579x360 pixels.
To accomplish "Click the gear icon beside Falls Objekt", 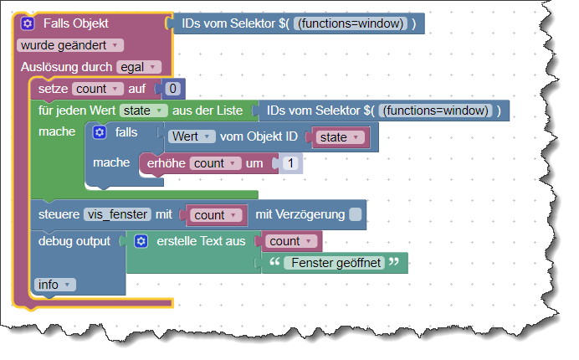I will point(28,24).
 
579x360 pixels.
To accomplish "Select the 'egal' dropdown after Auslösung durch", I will point(139,67).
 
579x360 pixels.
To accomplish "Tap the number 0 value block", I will point(172,89).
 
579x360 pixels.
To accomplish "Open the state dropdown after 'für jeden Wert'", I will point(143,111).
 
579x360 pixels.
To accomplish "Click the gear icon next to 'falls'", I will point(100,132).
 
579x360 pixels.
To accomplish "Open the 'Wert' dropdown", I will point(192,136).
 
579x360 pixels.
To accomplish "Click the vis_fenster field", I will point(117,214).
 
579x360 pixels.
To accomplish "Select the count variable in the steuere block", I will point(215,215).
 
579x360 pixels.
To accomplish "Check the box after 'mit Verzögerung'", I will point(356,215).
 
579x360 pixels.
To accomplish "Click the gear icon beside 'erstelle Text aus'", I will point(141,241).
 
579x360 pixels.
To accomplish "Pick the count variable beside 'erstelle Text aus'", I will point(291,241).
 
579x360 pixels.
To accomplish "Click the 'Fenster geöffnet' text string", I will point(333,263).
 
